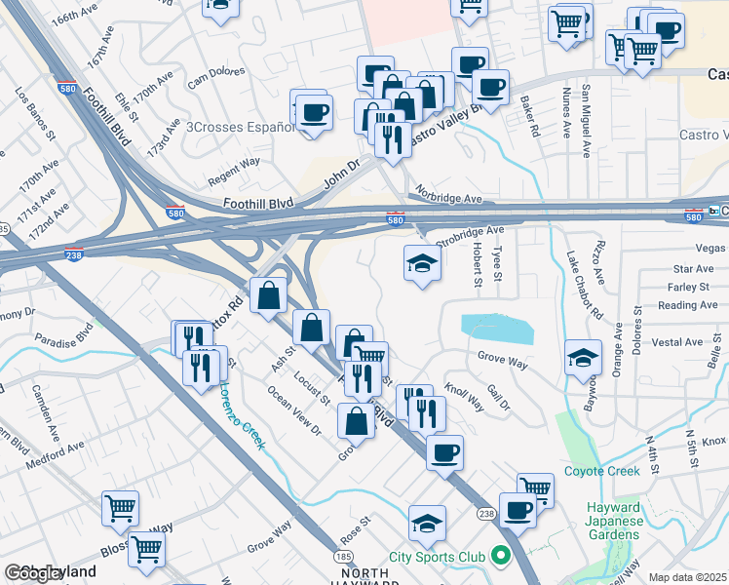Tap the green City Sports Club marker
point(502,557)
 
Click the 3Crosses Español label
point(239,127)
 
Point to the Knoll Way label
point(464,394)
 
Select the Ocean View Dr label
point(295,409)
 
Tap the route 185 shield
point(343,556)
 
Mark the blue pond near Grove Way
point(498,330)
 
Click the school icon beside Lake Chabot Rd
point(583,357)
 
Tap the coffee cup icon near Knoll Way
point(444,452)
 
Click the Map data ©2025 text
point(687,577)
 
